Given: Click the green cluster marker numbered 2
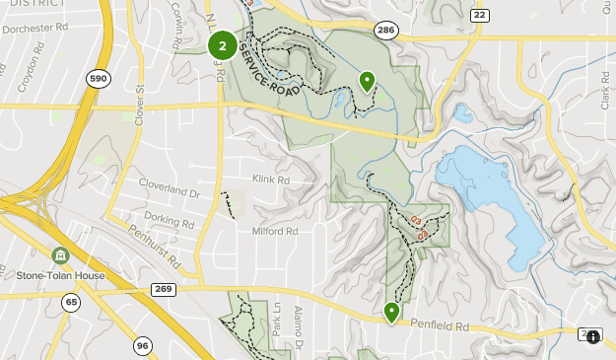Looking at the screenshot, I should point(223,44).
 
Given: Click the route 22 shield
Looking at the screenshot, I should point(481,15).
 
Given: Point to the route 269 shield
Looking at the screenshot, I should point(164,289).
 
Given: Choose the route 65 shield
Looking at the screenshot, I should point(71,303).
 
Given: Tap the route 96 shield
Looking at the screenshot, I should point(143,345).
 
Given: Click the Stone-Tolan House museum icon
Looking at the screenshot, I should point(60,255).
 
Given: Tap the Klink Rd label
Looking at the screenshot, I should point(270,180).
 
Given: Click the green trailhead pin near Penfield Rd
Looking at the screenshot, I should point(392,313).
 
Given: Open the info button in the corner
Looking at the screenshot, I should point(593,336).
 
